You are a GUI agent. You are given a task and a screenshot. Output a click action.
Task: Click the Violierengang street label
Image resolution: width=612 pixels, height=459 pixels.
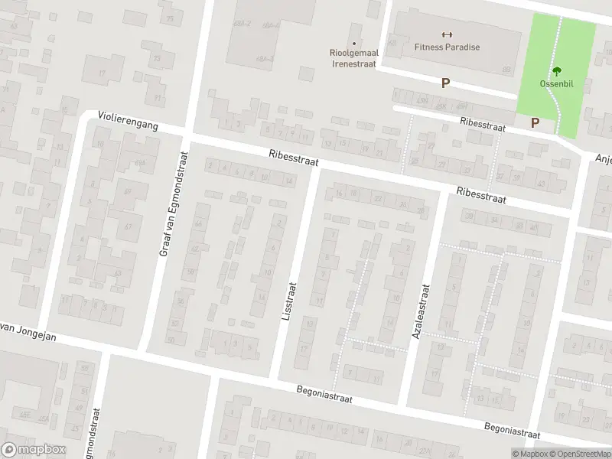128,121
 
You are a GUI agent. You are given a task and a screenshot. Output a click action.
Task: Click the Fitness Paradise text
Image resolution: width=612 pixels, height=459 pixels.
447,47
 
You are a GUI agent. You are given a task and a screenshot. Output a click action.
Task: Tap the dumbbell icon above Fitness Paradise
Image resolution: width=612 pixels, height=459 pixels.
448,34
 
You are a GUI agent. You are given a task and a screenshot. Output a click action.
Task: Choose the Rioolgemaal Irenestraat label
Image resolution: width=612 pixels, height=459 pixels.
353,57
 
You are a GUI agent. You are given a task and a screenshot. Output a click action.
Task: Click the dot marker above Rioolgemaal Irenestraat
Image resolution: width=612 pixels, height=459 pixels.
353,43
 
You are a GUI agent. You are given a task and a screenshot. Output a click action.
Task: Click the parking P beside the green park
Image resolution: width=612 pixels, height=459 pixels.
535,122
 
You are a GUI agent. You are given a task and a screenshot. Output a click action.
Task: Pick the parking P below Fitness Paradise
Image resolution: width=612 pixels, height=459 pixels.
444,83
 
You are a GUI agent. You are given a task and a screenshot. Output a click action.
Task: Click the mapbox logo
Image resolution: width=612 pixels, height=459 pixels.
34,449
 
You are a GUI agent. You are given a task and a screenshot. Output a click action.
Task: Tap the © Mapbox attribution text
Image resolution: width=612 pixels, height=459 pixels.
527,454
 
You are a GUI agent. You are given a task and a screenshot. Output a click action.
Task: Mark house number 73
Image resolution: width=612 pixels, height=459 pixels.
157,59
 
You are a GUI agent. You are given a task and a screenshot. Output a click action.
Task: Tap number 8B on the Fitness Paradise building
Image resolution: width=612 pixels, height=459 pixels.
506,70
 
